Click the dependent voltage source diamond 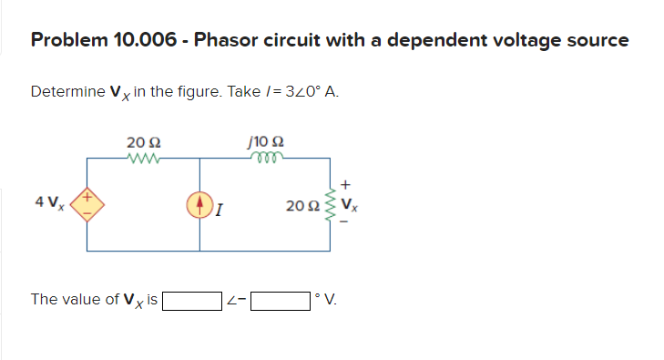click(88, 202)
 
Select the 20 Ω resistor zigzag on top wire click(144, 156)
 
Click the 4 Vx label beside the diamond click(48, 202)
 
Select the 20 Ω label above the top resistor click(144, 141)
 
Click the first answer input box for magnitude click(192, 300)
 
